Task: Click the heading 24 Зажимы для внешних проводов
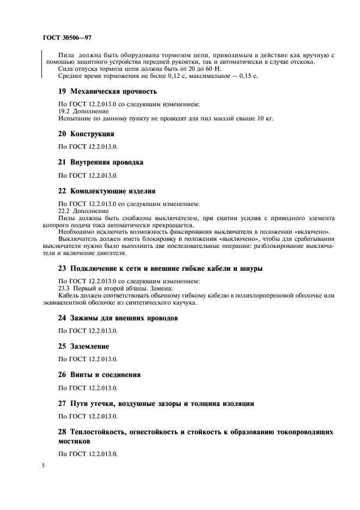pyautogui.click(x=118, y=318)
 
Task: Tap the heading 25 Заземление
pyautogui.click(x=84, y=346)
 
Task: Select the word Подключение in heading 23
pyautogui.click(x=93, y=268)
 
